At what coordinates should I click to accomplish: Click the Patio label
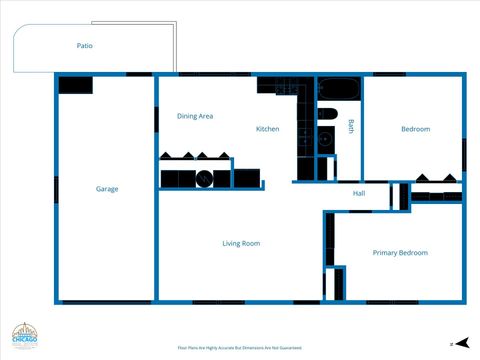[x=85, y=46]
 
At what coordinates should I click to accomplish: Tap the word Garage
[x=107, y=189]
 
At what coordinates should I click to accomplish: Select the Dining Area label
[x=195, y=116]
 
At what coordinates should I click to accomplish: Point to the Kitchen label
[x=267, y=129]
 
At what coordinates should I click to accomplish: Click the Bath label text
[x=351, y=126]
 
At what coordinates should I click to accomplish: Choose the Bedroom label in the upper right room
[x=415, y=129]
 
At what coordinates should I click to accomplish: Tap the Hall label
[x=358, y=193]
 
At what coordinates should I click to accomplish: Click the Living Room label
[x=241, y=243]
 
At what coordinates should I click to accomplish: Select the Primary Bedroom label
[x=400, y=253]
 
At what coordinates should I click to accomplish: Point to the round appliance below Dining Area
[x=205, y=179]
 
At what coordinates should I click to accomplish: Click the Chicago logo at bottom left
[x=25, y=338]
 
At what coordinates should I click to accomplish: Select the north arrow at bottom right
[x=452, y=343]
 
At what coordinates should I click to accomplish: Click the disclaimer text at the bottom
[x=240, y=347]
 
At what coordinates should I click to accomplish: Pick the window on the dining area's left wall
[x=157, y=118]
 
